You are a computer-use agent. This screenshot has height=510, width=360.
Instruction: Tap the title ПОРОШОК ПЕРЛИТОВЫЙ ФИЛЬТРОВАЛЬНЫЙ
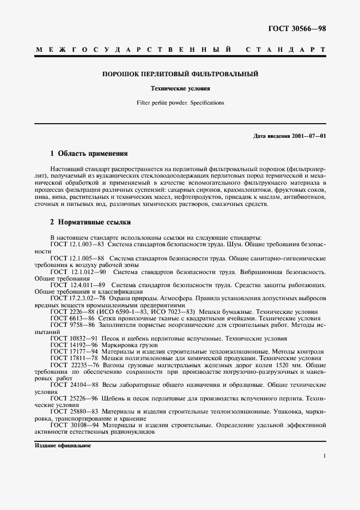[180, 74]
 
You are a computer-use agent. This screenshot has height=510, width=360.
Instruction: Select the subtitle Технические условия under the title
[180, 88]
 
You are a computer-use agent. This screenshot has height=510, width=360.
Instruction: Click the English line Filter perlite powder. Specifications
[180, 102]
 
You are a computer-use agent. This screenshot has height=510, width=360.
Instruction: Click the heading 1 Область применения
[89, 154]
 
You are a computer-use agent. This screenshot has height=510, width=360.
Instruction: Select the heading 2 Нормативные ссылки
[90, 222]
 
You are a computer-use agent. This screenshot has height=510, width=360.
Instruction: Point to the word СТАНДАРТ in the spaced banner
[286, 50]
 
